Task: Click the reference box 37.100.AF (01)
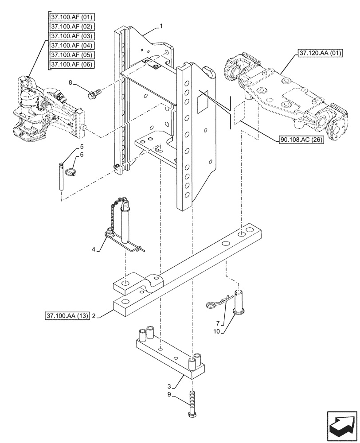pos(72,17)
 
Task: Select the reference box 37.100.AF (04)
pos(72,45)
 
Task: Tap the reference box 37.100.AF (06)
pos(72,64)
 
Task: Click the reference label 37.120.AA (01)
pos(317,53)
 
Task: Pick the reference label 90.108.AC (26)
pos(301,140)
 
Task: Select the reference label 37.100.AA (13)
pos(67,316)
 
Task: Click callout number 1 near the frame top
pos(161,26)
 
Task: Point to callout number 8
pos(83,82)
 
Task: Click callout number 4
pos(94,250)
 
